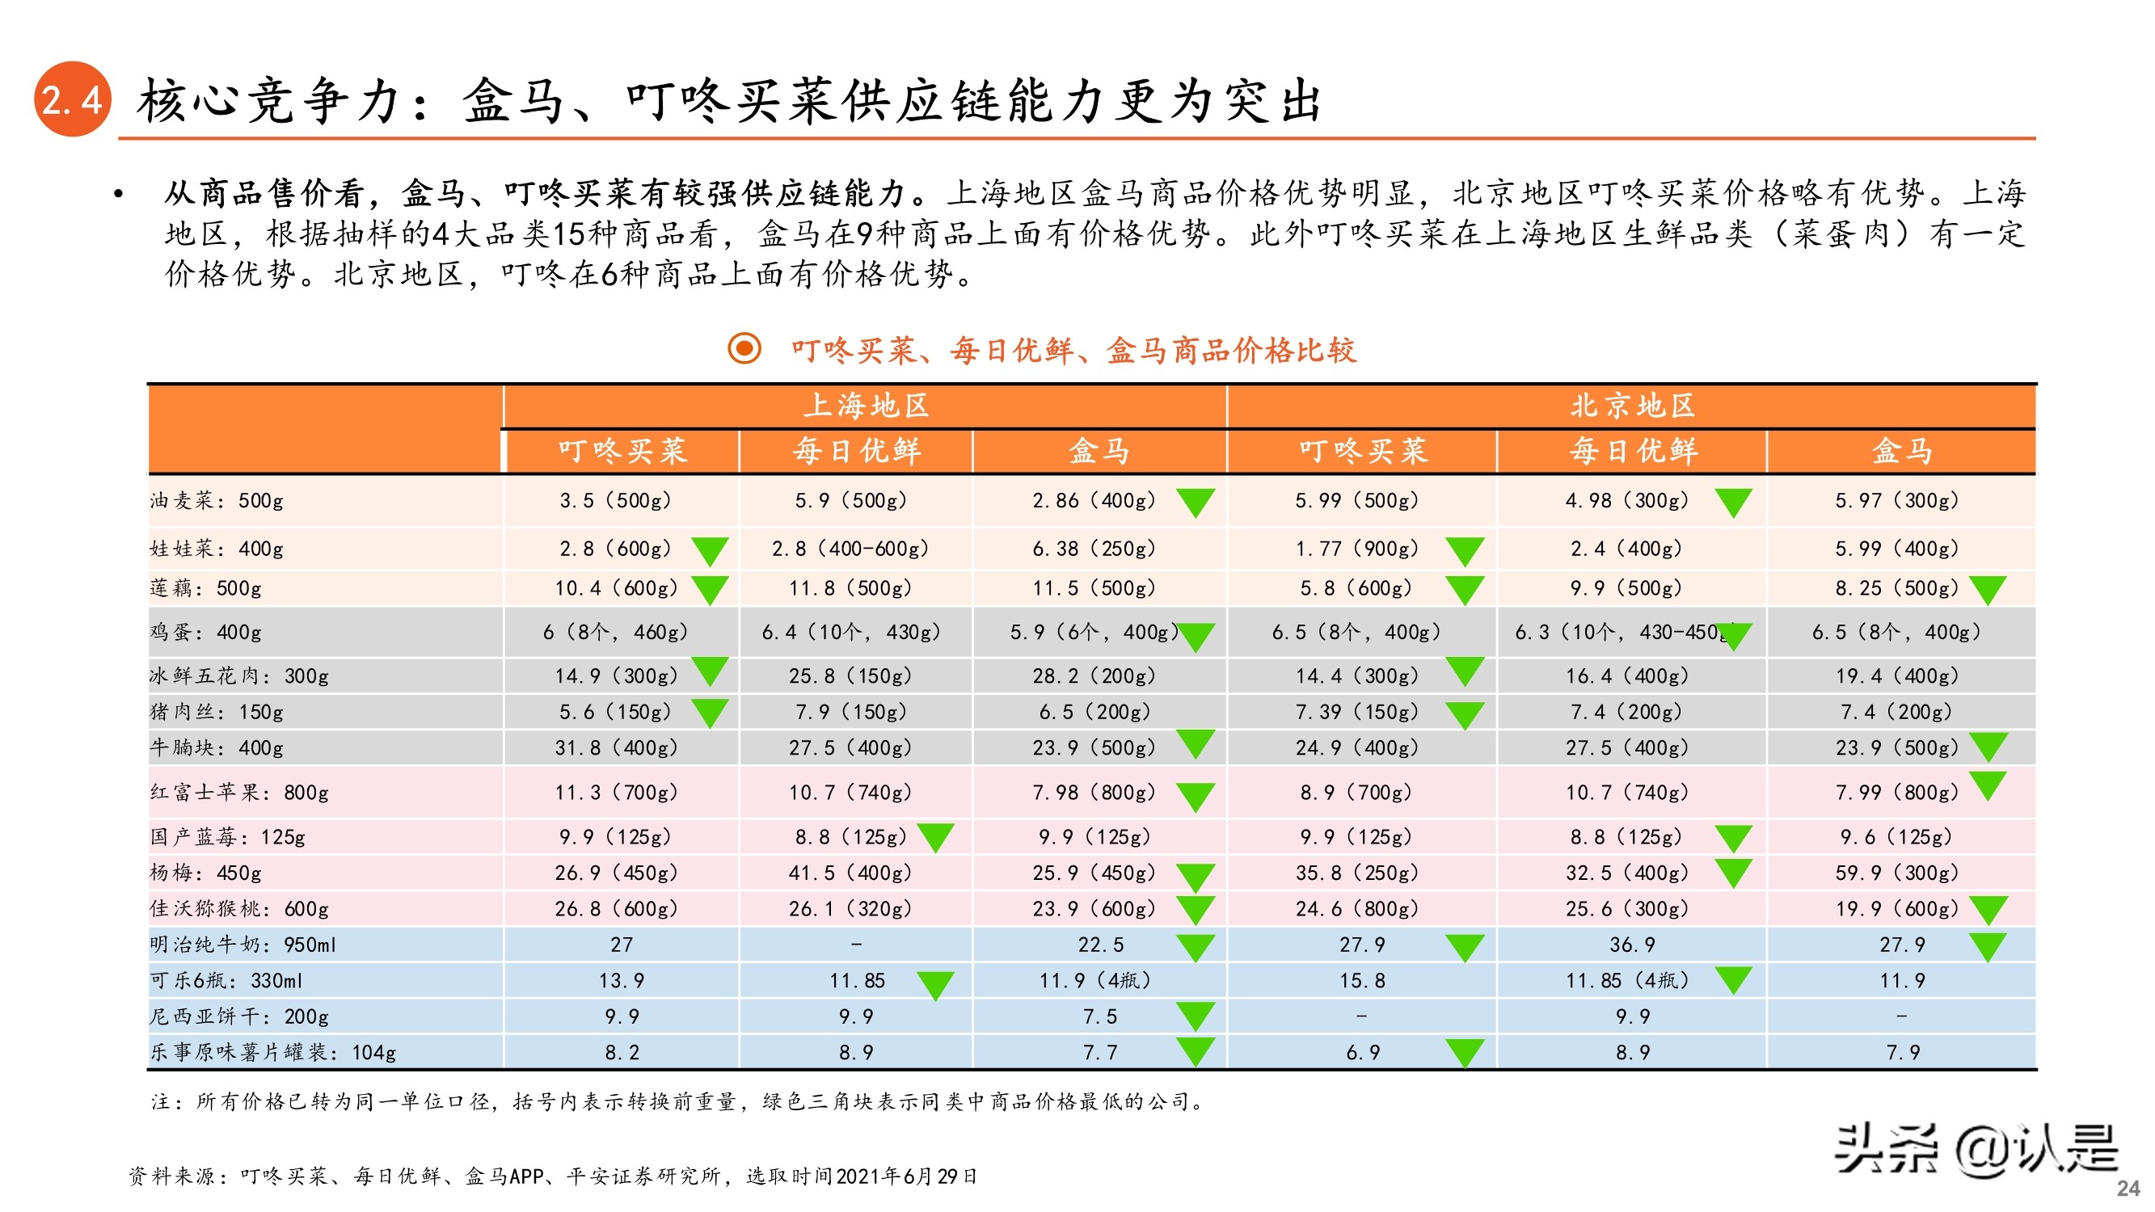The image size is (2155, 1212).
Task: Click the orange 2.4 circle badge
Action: (72, 99)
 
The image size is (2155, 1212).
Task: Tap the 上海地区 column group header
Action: (866, 406)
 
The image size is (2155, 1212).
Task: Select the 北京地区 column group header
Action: (1631, 406)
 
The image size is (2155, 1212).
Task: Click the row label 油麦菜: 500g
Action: (217, 500)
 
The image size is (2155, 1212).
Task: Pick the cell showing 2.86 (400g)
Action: (1094, 500)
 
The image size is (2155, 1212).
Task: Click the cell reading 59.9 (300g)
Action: (1896, 873)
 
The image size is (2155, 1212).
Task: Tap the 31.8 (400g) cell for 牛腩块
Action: (616, 747)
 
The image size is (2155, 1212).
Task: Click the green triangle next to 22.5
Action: (1196, 948)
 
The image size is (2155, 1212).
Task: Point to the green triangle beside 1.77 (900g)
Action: (1465, 552)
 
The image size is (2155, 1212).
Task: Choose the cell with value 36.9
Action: (1631, 945)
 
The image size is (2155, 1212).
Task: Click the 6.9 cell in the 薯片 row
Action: (1362, 1052)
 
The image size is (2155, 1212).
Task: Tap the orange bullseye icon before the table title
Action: (744, 348)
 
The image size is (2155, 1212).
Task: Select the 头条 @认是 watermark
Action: (1974, 1149)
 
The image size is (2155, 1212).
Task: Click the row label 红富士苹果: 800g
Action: (239, 792)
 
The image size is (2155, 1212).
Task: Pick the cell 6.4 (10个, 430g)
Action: (851, 632)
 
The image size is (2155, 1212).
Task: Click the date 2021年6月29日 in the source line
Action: (906, 1176)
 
